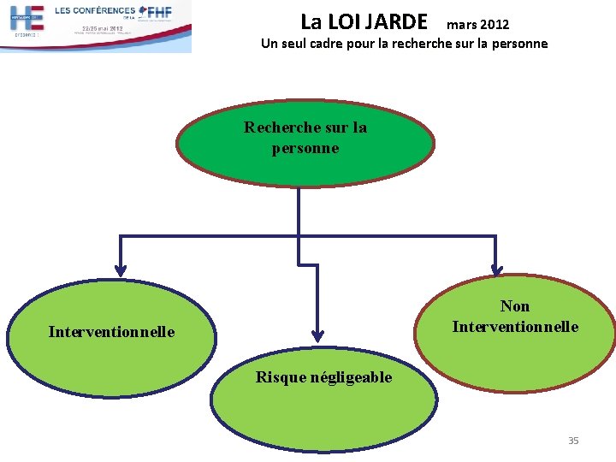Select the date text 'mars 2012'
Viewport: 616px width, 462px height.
pyautogui.click(x=477, y=25)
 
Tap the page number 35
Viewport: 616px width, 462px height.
pyautogui.click(x=573, y=441)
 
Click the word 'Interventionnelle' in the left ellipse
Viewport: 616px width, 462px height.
pyautogui.click(x=111, y=332)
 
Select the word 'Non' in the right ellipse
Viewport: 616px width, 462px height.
pyautogui.click(x=515, y=306)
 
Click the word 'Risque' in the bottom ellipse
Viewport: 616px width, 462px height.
pyautogui.click(x=281, y=377)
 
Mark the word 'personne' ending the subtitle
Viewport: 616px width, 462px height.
pyautogui.click(x=517, y=44)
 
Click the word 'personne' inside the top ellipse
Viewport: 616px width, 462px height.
pyautogui.click(x=305, y=148)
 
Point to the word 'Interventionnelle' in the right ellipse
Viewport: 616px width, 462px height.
pyautogui.click(x=515, y=327)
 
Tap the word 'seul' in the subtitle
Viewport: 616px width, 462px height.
pyautogui.click(x=290, y=44)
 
